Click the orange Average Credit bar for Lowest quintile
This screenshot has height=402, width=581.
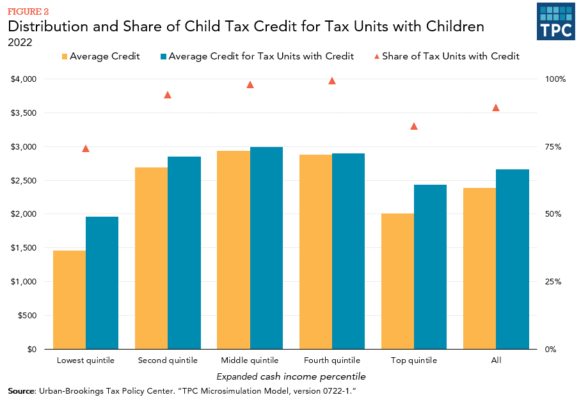coord(69,300)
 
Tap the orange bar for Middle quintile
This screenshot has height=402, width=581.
coord(234,250)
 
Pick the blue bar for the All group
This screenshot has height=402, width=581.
coord(513,259)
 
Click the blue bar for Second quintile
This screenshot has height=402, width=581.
coord(184,252)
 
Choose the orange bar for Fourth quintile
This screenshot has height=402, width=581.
coord(315,252)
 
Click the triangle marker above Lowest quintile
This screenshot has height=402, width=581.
coord(86,148)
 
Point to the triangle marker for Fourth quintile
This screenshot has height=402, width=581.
coord(332,81)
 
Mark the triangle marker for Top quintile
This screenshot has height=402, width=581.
coord(414,126)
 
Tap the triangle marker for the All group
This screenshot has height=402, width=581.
coord(496,107)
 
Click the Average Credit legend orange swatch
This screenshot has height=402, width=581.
coord(64,56)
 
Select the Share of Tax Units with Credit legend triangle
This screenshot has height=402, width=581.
coord(376,56)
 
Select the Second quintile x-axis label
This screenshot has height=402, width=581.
coord(168,360)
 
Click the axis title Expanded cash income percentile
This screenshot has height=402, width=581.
coord(291,376)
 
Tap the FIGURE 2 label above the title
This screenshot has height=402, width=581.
coord(28,12)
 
